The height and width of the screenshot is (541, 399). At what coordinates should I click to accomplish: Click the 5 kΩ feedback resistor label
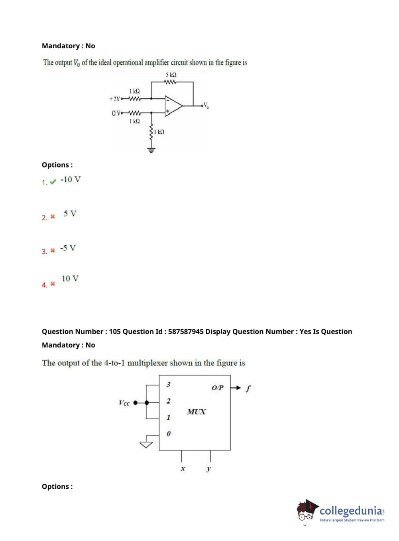171,75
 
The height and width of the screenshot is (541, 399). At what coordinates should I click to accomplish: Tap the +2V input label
114,99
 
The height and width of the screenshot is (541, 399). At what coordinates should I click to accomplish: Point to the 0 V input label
116,113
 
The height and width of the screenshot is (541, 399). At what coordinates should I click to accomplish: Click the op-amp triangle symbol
173,106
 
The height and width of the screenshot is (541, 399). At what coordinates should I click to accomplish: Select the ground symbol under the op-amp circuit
151,150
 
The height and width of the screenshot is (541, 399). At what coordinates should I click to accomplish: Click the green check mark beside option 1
53,182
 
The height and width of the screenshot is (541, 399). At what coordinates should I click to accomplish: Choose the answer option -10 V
71,180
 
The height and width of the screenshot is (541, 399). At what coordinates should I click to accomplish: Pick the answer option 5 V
70,213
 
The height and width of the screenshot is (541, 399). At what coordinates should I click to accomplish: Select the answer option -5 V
68,248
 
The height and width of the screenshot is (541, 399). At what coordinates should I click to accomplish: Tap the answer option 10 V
70,278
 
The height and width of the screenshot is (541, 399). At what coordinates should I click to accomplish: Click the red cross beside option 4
53,284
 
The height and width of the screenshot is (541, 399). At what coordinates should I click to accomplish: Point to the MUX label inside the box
197,412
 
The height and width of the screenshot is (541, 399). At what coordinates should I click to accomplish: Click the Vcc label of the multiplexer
124,403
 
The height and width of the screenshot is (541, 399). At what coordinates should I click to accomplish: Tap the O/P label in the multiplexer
218,388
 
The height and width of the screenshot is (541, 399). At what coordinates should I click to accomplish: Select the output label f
248,388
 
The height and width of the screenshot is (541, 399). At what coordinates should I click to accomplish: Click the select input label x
183,469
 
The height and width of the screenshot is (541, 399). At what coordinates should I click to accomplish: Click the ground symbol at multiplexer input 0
146,444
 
